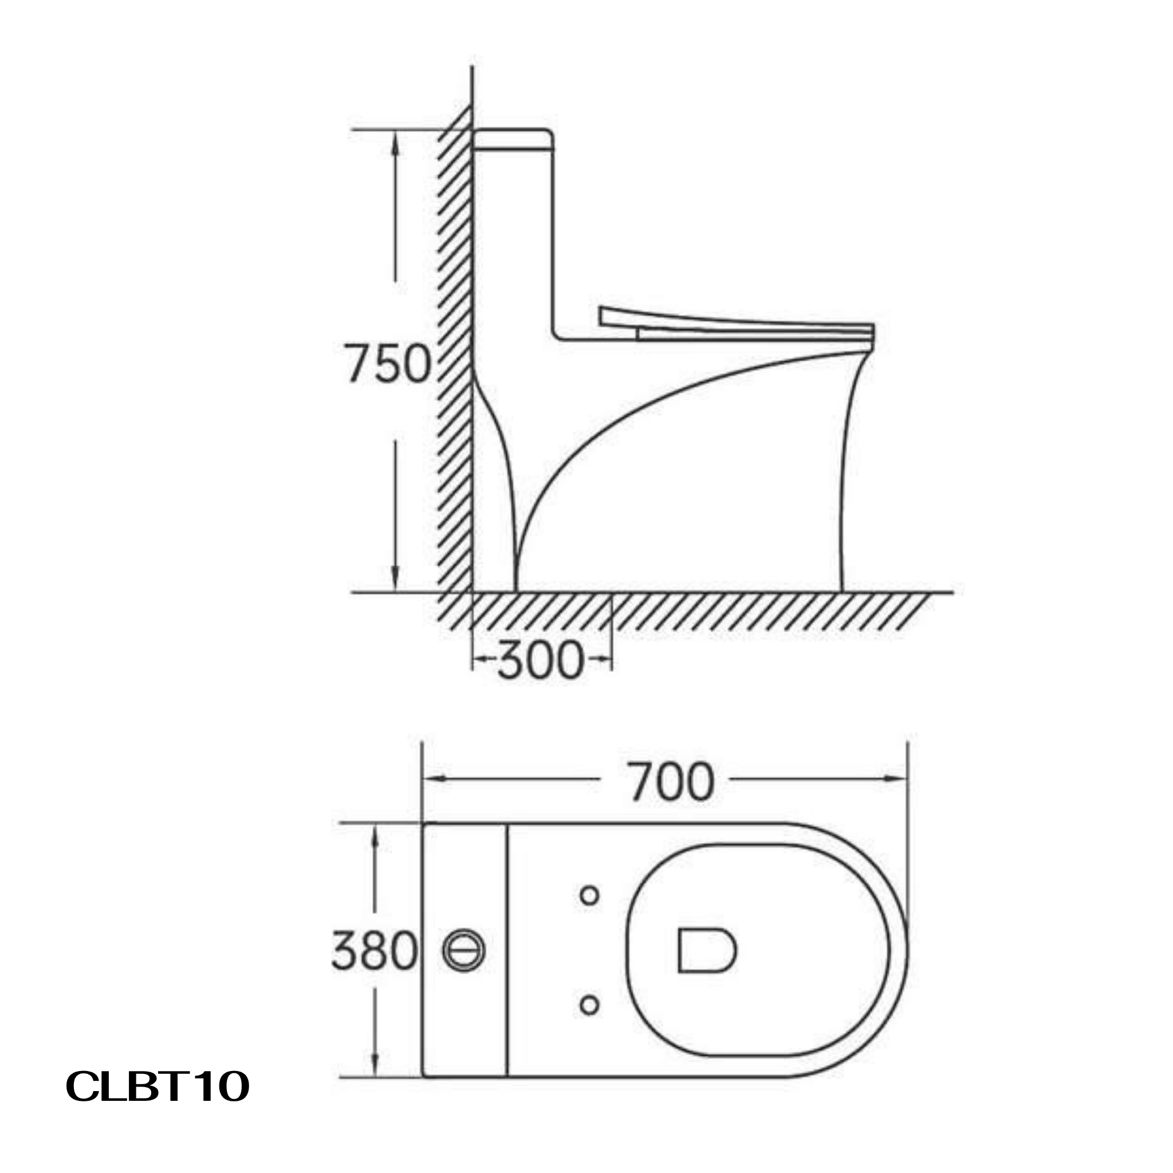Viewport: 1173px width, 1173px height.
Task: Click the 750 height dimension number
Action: tap(387, 364)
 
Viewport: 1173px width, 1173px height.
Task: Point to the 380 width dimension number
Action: tap(375, 950)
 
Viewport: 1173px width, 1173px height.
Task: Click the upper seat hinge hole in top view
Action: tap(589, 896)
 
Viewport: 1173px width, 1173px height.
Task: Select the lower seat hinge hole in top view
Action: tap(589, 1005)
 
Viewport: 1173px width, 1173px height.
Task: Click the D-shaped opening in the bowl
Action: tap(706, 950)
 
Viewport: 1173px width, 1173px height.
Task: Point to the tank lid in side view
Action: tap(513, 139)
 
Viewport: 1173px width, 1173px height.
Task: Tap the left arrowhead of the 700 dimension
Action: tap(434, 779)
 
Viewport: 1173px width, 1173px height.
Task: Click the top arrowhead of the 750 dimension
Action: tap(395, 144)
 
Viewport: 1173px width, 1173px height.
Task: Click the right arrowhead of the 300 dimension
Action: tap(603, 658)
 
